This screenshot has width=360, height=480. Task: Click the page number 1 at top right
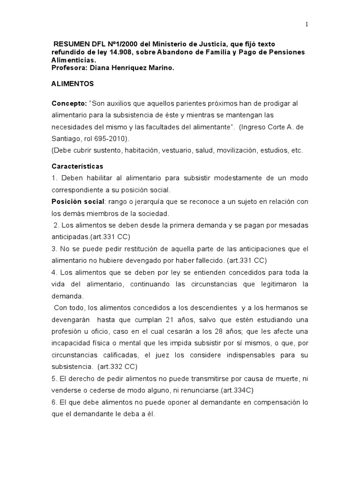(307, 25)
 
